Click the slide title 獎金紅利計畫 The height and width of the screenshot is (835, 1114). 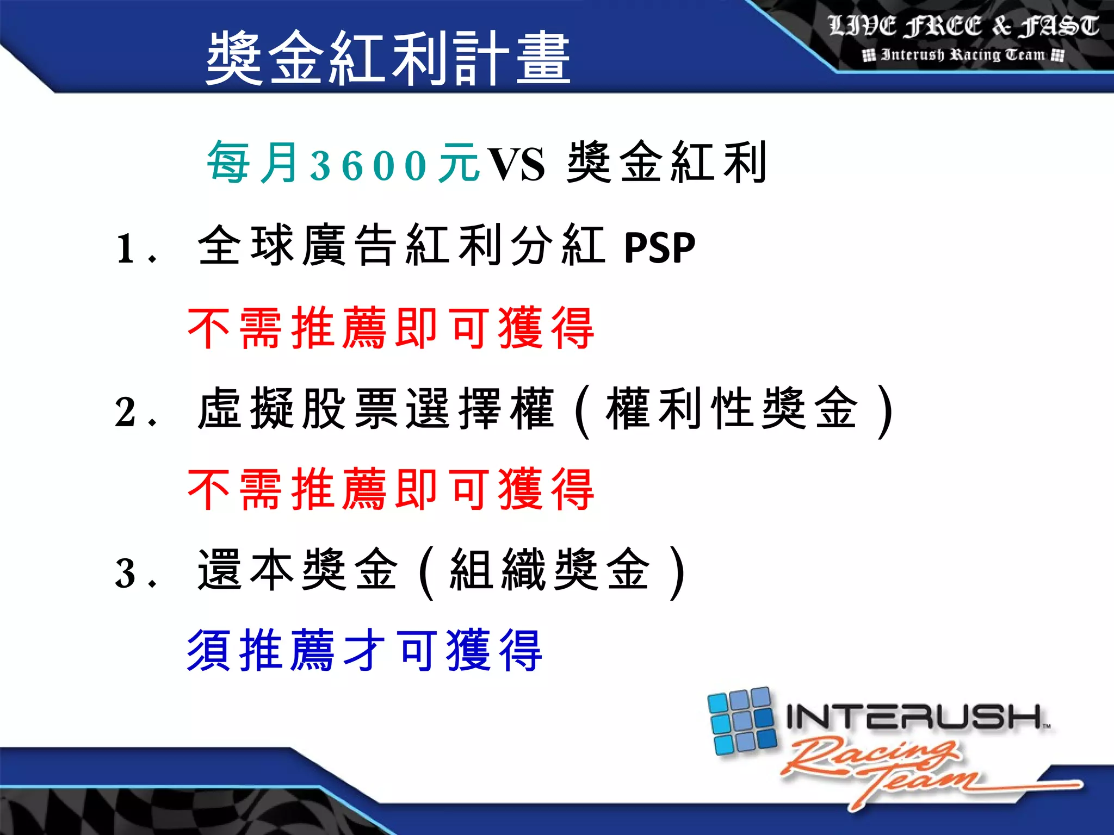(x=388, y=58)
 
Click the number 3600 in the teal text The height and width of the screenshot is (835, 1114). (x=368, y=165)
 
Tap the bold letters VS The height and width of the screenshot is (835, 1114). (x=515, y=165)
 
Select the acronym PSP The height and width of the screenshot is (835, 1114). (x=659, y=248)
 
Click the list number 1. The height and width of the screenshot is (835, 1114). (x=126, y=249)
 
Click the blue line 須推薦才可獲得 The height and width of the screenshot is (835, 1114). (x=364, y=650)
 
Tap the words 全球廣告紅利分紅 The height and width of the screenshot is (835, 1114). (x=401, y=246)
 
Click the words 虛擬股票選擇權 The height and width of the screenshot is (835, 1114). (x=375, y=409)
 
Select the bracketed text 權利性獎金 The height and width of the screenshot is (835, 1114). (x=732, y=409)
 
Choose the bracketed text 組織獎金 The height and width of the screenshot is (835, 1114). (x=549, y=570)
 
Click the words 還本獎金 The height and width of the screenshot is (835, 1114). (x=297, y=570)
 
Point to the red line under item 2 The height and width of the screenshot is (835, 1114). (x=391, y=490)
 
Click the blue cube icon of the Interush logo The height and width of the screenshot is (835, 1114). (x=742, y=721)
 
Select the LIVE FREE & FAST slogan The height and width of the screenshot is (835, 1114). (x=963, y=26)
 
